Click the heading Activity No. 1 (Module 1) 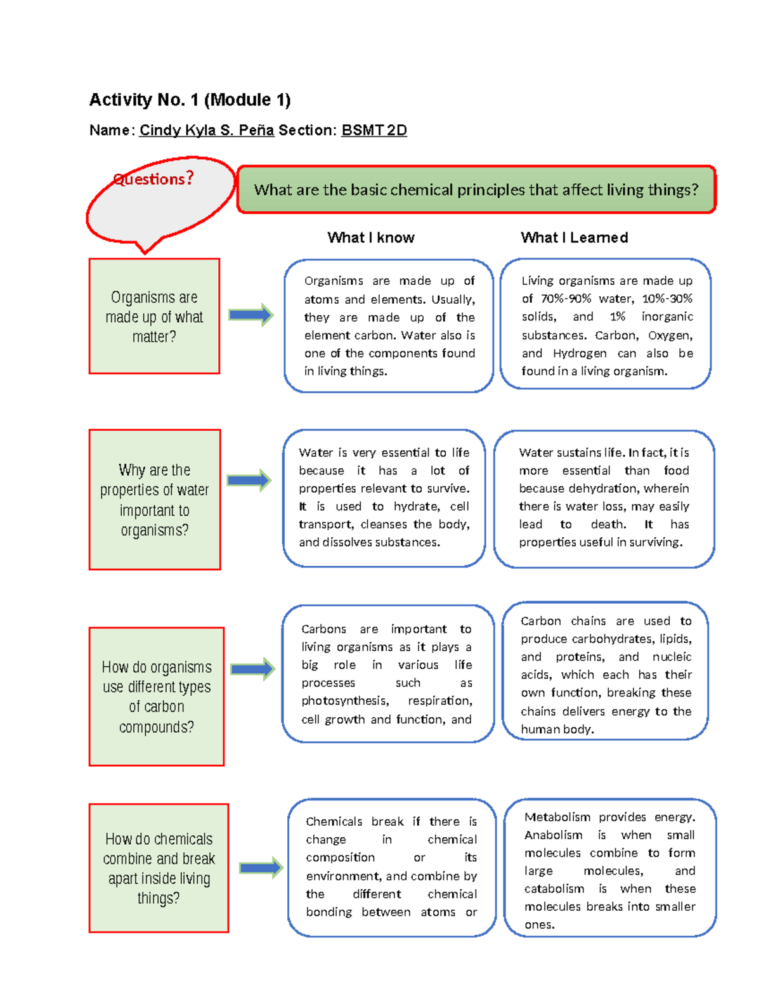(x=190, y=100)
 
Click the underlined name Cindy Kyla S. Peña (x=207, y=131)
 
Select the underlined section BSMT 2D (x=374, y=131)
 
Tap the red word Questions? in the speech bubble (x=153, y=179)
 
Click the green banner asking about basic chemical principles (x=476, y=190)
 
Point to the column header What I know (x=371, y=238)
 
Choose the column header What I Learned (x=575, y=238)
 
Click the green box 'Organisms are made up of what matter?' (x=154, y=316)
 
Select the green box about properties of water (x=155, y=500)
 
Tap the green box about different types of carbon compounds (x=157, y=696)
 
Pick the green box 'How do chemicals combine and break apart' (x=159, y=868)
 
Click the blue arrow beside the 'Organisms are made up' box (x=251, y=315)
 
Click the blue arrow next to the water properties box (x=249, y=481)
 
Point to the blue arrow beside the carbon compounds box (x=252, y=669)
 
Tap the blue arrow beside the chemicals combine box (x=261, y=868)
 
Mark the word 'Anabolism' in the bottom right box (x=553, y=835)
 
